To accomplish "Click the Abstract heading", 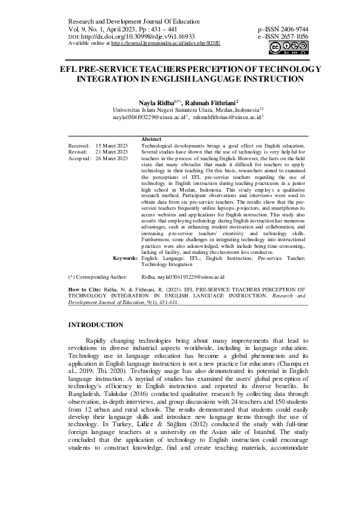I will (151, 140).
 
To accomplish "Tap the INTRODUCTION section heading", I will (101, 325).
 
